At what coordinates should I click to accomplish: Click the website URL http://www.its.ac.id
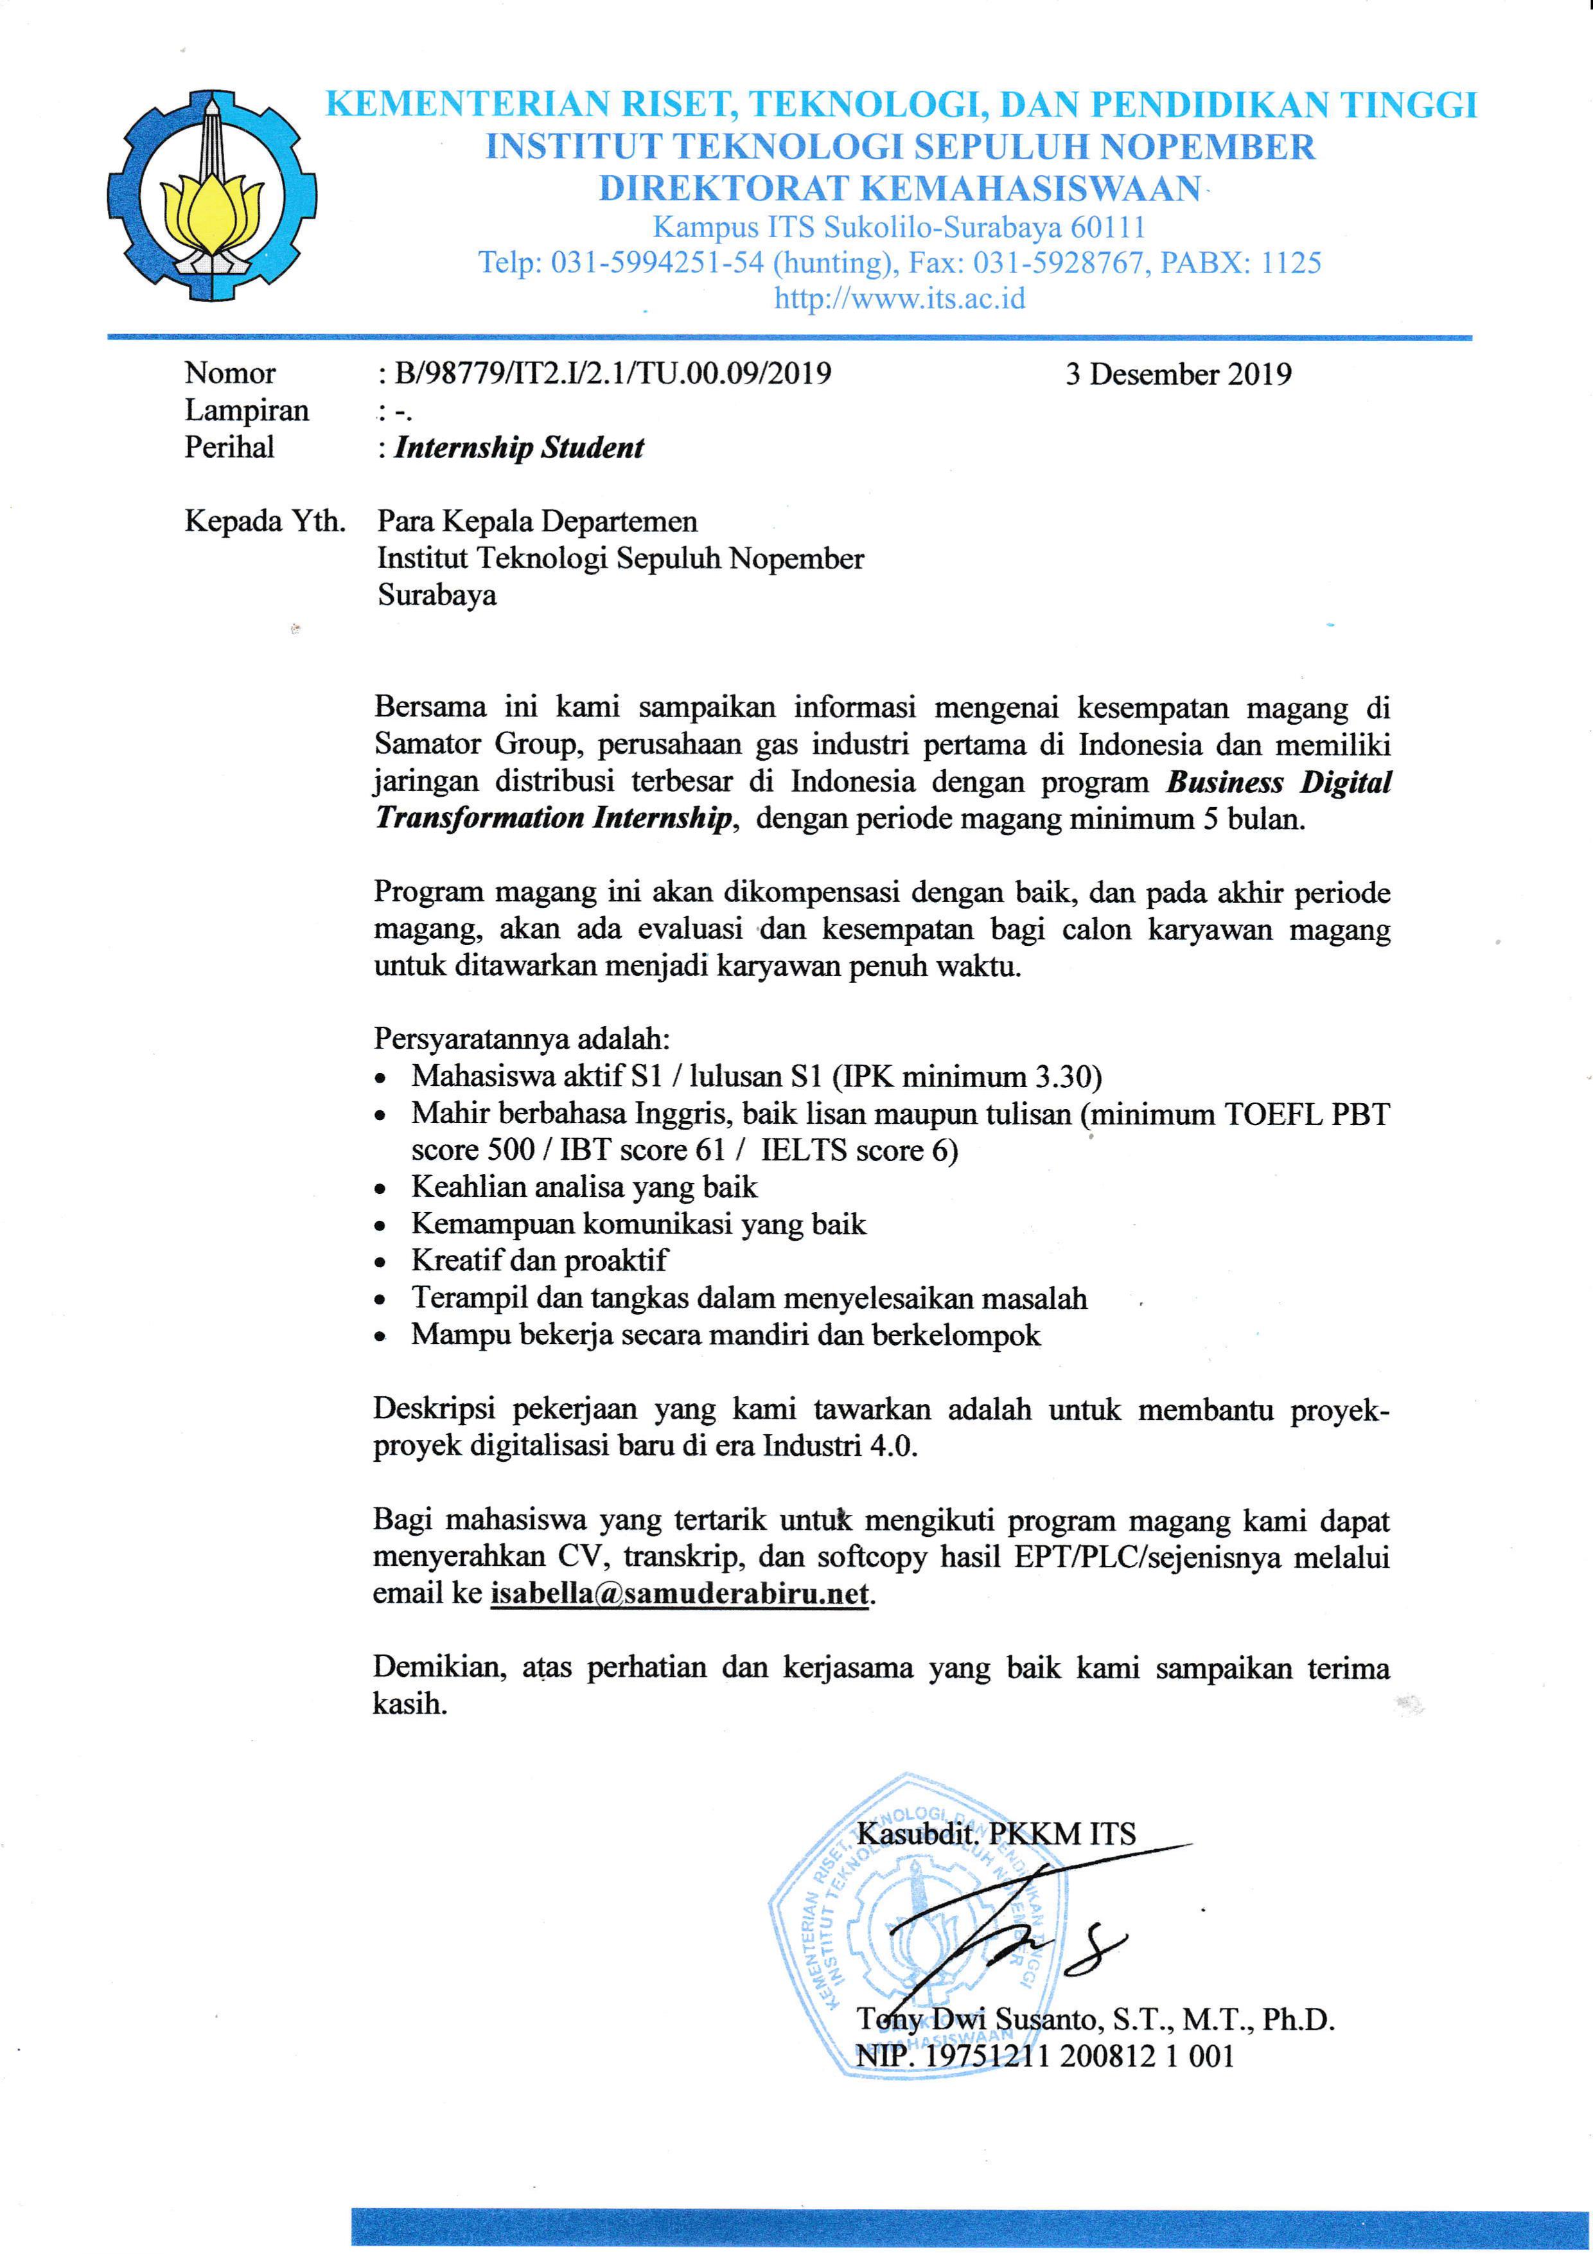(899, 298)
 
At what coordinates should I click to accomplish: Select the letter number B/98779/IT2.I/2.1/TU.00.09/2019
(612, 374)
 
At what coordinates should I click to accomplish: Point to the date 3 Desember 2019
(1178, 374)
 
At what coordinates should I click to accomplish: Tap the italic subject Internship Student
(518, 448)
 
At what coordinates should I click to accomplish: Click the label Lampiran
(247, 411)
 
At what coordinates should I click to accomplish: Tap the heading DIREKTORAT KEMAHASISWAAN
(899, 188)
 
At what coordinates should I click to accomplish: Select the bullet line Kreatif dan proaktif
(539, 1261)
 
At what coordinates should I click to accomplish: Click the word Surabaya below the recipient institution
(437, 595)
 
